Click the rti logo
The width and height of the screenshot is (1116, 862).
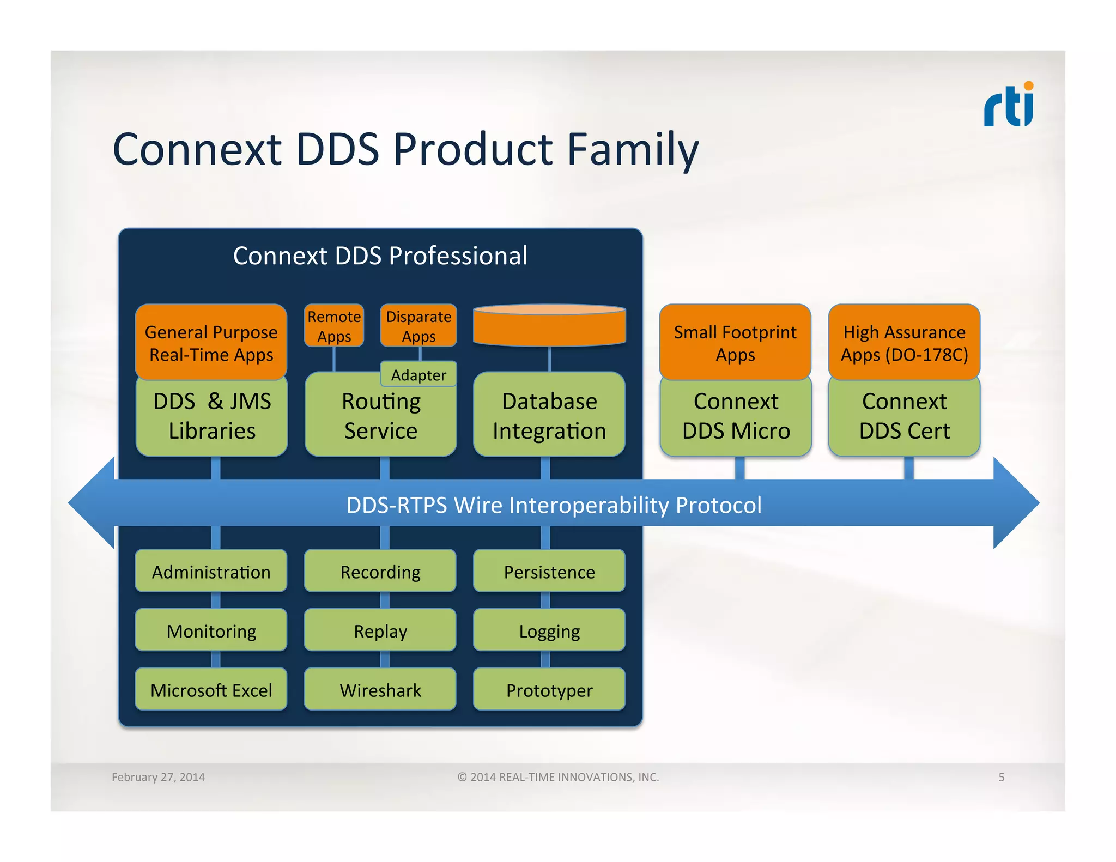1009,105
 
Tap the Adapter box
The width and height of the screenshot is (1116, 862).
418,374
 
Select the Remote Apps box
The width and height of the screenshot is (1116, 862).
334,326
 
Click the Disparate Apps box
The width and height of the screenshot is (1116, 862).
418,326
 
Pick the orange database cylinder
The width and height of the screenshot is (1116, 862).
549,326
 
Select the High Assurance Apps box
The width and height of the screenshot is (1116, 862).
904,343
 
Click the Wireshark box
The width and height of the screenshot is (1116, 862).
380,689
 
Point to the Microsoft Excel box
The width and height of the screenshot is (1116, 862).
211,689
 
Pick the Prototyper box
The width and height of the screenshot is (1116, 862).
549,689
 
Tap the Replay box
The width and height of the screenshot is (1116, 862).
380,630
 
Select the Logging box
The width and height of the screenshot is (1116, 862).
549,630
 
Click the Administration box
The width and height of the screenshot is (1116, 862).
211,571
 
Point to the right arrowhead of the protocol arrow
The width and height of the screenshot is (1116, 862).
1015,503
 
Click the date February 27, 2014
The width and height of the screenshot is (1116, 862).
158,777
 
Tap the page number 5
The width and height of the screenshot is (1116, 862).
1001,777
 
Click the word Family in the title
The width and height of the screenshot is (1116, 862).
633,149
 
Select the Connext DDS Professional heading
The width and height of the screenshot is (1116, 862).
380,256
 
